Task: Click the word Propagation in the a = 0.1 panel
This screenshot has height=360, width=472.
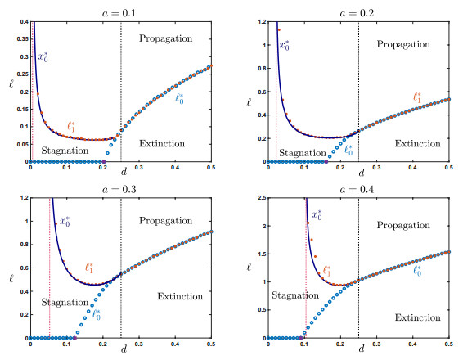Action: (x=165, y=38)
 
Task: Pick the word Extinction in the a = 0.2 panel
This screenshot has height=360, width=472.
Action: (x=417, y=143)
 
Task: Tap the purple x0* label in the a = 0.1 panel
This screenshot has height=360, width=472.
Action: (x=43, y=57)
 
